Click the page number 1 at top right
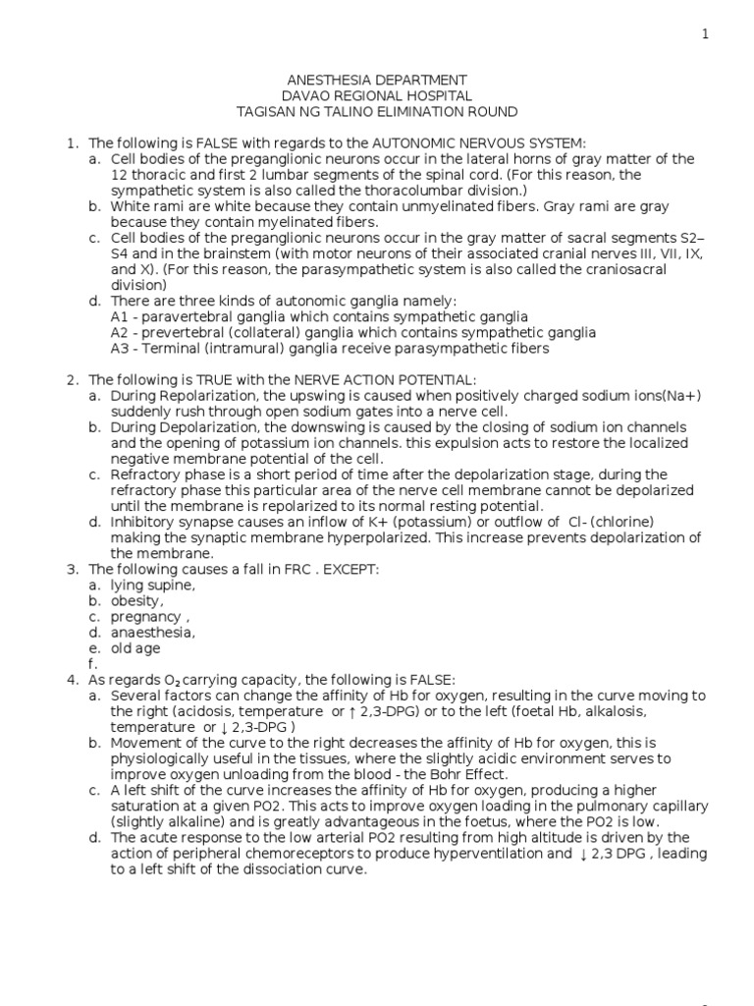tap(704, 34)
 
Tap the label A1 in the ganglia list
tap(120, 316)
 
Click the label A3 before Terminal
tap(120, 348)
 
